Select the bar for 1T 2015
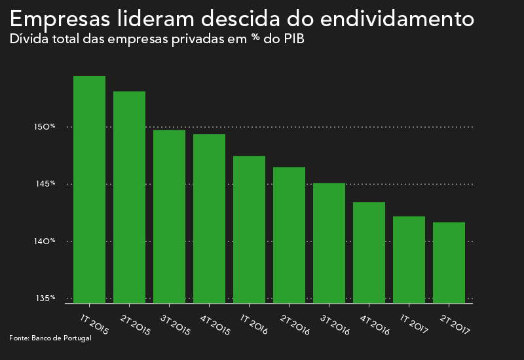89,190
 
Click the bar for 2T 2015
129,197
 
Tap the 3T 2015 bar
169,217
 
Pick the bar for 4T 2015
209,219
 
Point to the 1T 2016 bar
249,230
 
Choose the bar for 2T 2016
289,235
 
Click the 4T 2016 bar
369,253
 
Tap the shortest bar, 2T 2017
449,262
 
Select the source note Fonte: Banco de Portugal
50,338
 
